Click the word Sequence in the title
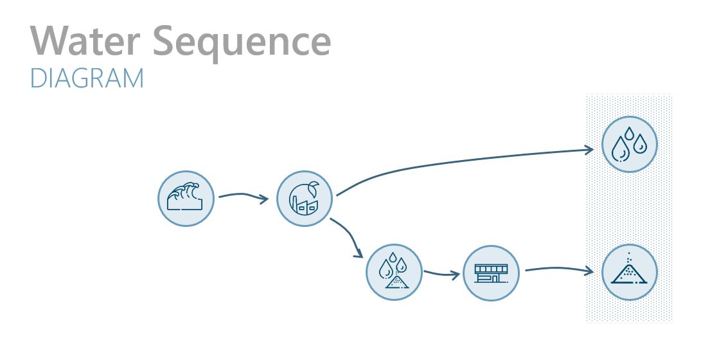(244, 42)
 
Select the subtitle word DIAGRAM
(87, 78)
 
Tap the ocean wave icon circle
(186, 199)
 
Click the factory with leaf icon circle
(305, 199)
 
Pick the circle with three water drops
(630, 144)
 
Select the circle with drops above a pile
(394, 273)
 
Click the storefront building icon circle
(491, 273)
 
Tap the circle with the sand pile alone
(630, 273)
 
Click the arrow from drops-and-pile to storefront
(442, 274)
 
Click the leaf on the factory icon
(313, 188)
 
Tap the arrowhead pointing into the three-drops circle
(589, 150)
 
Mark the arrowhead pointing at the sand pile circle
(589, 271)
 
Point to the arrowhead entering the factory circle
(264, 199)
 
